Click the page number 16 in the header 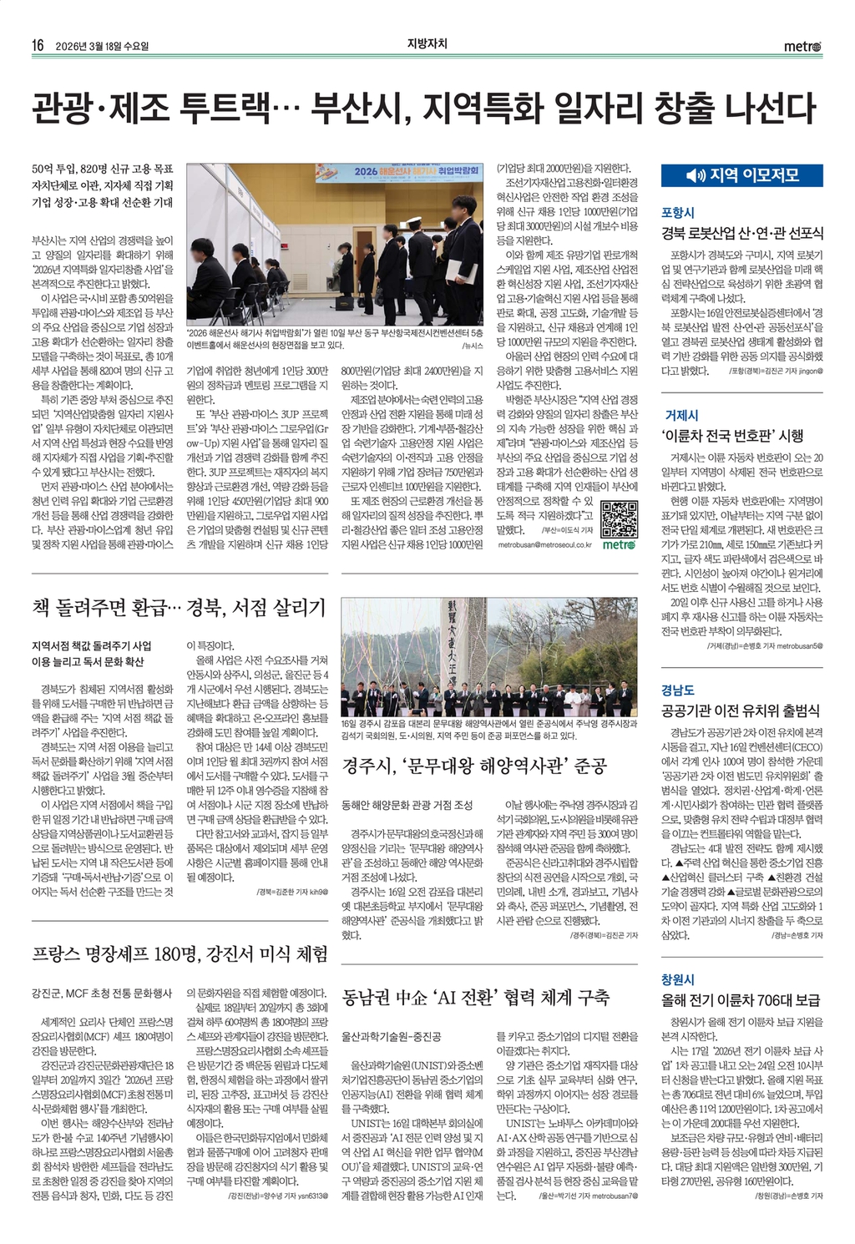pos(38,46)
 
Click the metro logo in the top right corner pos(802,47)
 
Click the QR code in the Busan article pos(619,518)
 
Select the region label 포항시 pos(678,213)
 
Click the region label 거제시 pos(681,415)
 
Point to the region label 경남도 pos(678,690)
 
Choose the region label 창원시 pos(678,979)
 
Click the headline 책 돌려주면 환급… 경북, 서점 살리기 pos(178,607)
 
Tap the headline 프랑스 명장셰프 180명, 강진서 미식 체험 pos(180,953)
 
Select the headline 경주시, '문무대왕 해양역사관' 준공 pos(473,766)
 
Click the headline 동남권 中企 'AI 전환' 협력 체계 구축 pos(476,997)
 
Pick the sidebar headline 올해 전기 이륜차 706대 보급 pos(741,1000)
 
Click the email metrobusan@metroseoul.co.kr pos(544,544)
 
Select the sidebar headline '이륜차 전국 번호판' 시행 pos(732,436)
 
